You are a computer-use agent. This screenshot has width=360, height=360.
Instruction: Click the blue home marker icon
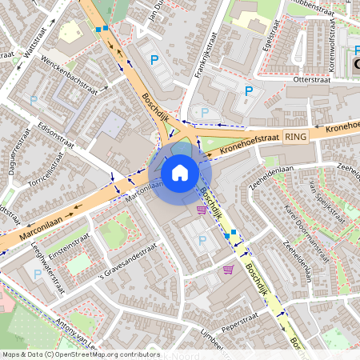[180, 172]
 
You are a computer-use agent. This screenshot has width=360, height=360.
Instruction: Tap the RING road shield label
[294, 138]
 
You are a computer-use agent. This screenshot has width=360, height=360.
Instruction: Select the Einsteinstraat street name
[69, 234]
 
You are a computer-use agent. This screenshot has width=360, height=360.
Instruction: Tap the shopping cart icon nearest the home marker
[202, 210]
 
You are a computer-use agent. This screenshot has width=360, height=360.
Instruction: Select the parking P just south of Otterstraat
[249, 91]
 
